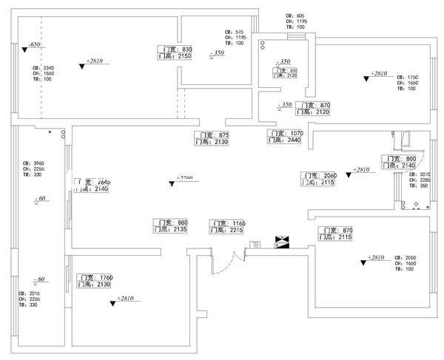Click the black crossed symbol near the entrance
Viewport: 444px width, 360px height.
283,242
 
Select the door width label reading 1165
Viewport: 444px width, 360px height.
228,223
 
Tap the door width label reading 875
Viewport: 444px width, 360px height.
214,135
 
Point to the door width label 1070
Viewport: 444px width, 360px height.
285,133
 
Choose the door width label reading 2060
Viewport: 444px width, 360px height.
319,175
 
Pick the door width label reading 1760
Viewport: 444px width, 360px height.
95,277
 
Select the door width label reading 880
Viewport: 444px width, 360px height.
171,223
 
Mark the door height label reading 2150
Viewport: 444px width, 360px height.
175,55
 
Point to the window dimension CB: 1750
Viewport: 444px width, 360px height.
408,77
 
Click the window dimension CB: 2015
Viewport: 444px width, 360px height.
34,293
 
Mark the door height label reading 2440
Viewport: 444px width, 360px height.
285,140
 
